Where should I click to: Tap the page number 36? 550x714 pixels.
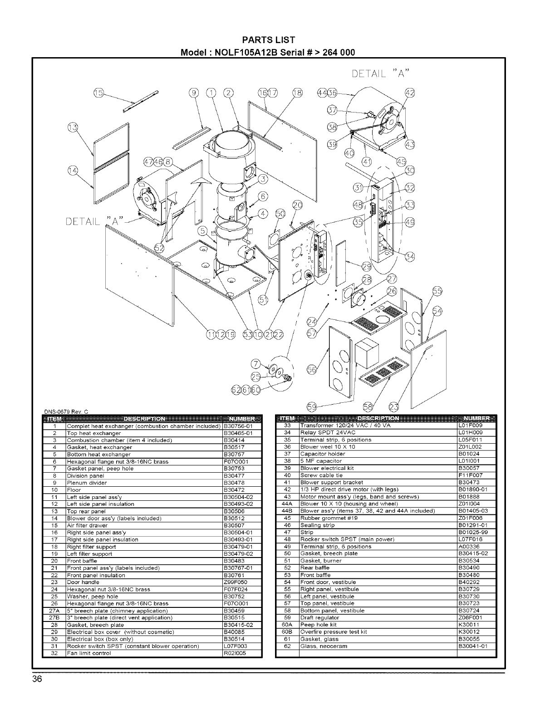pos(37,679)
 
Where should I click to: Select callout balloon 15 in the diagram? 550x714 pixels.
pos(98,93)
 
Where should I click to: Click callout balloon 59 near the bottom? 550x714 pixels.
pos(312,406)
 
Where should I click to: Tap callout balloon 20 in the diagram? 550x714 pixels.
pos(297,205)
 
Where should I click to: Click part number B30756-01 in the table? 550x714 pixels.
pos(241,426)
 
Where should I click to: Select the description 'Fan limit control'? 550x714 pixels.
pos(88,653)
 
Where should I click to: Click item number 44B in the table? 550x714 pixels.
pos(286,511)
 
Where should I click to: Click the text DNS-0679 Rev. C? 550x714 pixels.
pos(65,412)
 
